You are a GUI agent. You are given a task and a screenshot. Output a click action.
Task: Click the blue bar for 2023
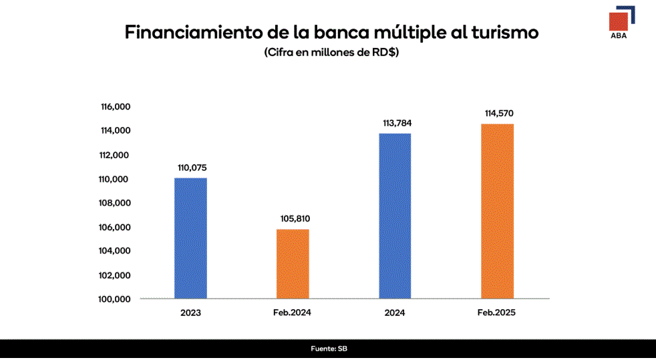pos(190,238)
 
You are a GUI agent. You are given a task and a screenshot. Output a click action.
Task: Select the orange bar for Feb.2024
pos(293,264)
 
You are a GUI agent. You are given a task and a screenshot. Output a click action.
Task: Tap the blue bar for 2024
pos(395,216)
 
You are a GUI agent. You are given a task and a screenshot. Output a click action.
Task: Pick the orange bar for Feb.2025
pos(497,211)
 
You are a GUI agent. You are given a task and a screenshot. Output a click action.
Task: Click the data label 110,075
pos(192,168)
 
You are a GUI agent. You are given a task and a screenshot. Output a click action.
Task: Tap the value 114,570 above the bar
pos(498,114)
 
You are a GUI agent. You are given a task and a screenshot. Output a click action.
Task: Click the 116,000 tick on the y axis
pos(115,107)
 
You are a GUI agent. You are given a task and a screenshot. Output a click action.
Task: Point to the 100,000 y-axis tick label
pos(115,299)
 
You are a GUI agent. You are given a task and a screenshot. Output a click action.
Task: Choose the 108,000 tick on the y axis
pos(115,203)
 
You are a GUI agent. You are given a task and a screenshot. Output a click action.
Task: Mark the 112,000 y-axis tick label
pos(115,155)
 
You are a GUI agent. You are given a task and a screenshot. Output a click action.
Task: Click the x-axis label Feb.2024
pos(292,313)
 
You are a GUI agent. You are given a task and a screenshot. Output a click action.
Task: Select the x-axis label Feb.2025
pos(496,313)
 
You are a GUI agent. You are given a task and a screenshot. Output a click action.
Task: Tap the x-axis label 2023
pos(190,313)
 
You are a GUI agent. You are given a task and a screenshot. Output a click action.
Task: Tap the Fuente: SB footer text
pos(329,349)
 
